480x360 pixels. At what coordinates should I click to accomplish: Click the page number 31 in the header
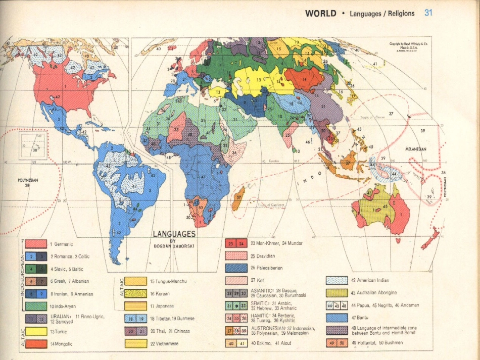(428, 13)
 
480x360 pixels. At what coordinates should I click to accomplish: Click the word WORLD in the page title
(320, 14)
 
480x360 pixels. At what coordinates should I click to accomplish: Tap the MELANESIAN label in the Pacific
(416, 149)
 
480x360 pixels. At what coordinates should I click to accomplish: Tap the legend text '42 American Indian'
(370, 280)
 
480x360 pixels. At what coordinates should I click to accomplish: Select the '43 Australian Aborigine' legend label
(373, 292)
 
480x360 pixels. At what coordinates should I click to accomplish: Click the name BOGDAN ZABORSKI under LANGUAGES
(174, 246)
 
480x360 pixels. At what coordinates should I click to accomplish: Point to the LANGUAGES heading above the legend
(174, 234)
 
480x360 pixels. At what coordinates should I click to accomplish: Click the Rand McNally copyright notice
(409, 46)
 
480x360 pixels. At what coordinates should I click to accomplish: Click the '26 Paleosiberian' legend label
(266, 268)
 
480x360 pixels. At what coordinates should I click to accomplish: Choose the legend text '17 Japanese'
(162, 306)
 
